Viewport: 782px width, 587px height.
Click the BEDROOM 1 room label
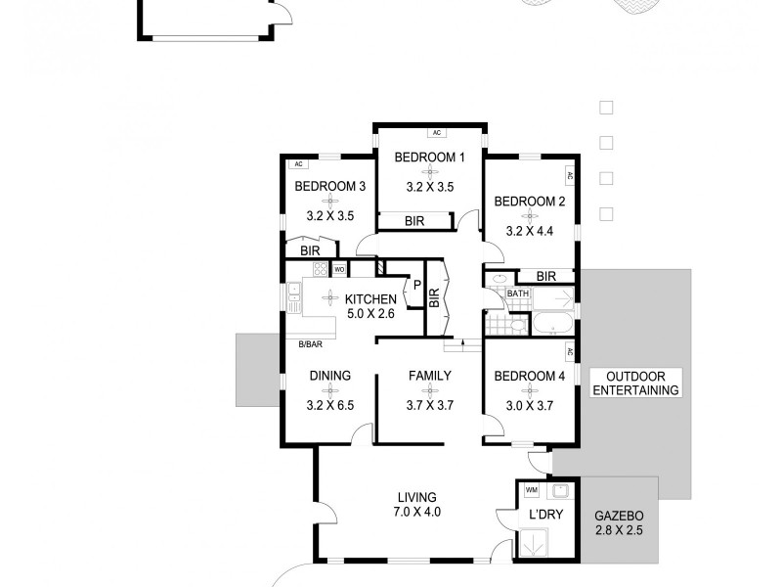click(429, 157)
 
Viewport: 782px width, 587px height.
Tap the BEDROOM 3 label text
click(329, 186)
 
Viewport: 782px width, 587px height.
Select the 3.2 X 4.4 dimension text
click(529, 232)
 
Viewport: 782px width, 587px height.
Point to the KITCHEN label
click(369, 299)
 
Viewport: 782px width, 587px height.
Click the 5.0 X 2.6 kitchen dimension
click(369, 314)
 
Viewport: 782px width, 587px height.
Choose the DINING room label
click(329, 375)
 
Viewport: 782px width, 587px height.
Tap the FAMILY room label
click(429, 375)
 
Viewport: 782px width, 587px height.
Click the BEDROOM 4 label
click(529, 375)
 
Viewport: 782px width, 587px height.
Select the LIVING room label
click(416, 496)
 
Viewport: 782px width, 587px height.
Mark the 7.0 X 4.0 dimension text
click(416, 511)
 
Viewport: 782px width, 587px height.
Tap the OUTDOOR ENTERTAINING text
click(635, 383)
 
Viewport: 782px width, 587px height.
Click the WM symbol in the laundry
click(531, 489)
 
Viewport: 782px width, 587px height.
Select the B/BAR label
click(311, 343)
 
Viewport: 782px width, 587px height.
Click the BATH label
click(517, 293)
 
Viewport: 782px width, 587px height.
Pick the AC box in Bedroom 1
click(437, 132)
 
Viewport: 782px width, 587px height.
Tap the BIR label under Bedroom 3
click(311, 250)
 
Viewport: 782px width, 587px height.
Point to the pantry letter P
click(416, 285)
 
